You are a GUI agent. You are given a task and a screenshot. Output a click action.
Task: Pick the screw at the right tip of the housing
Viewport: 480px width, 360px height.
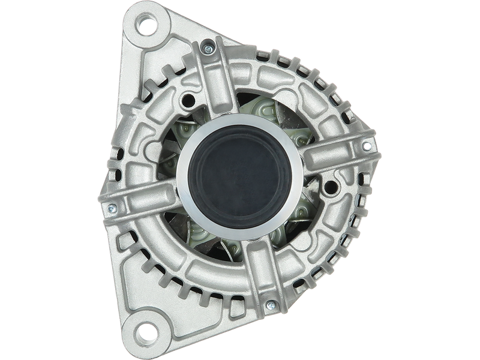pyautogui.click(x=368, y=143)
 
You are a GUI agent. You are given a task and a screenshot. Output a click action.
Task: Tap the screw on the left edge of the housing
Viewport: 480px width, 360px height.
pyautogui.click(x=110, y=208)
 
